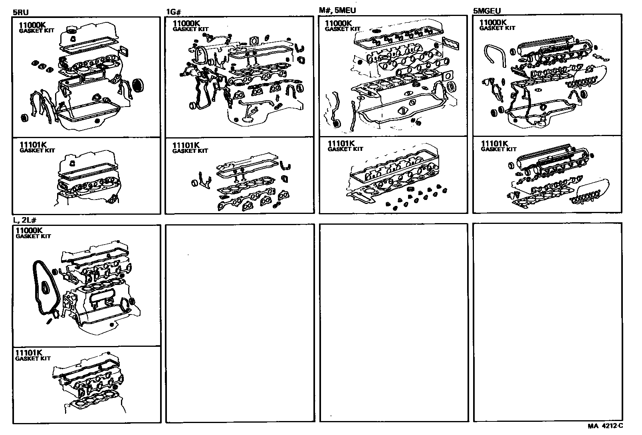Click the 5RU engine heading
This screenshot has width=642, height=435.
pos(21,12)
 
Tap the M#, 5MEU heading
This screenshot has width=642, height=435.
pos(337,10)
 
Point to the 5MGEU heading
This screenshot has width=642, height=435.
pos(487,11)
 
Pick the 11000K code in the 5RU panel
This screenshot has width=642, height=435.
pos(31,25)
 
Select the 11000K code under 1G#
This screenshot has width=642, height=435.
pos(184,23)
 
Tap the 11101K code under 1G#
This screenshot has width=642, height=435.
pos(186,145)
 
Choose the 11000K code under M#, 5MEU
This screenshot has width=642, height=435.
pos(338,23)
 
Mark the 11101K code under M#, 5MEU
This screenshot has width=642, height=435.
pos(341,143)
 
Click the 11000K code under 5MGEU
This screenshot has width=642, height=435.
pos(493,22)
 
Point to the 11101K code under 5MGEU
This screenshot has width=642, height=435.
pos(494,144)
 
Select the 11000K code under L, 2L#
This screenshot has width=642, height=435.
pos(29,230)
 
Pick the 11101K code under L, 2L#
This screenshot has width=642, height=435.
pos(28,353)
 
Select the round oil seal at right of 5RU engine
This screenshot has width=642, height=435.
pos(139,85)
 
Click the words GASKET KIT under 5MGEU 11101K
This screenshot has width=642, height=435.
pos(498,149)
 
